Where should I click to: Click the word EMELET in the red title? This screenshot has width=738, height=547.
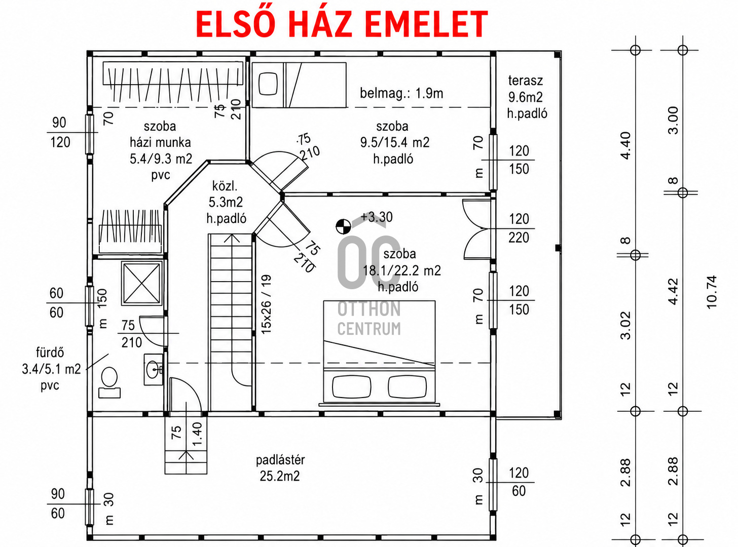(x=427, y=24)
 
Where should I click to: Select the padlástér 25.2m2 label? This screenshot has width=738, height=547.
(x=280, y=468)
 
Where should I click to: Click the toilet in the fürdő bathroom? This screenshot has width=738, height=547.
(x=109, y=382)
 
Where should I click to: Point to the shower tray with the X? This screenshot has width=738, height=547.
(x=142, y=283)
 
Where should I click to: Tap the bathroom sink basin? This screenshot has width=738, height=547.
(x=153, y=369)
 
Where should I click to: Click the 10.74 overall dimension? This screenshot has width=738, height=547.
(x=712, y=292)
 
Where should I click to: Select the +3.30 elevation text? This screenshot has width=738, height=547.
(x=377, y=217)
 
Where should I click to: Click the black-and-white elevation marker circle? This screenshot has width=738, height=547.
(x=343, y=226)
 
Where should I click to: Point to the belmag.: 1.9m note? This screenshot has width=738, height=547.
(x=401, y=93)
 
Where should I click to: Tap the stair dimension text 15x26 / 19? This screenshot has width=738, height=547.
(x=266, y=304)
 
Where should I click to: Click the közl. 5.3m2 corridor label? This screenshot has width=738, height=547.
(x=226, y=202)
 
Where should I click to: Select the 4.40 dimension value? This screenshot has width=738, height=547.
(x=625, y=146)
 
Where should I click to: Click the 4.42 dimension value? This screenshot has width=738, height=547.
(x=673, y=291)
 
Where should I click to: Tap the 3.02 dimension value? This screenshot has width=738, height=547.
(x=625, y=325)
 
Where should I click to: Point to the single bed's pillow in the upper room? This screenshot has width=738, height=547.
(x=268, y=84)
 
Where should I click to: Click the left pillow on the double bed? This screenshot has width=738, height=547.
(x=352, y=386)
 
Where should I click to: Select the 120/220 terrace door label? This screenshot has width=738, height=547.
(x=519, y=228)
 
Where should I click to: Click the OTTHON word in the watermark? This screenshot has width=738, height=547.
(x=369, y=309)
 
